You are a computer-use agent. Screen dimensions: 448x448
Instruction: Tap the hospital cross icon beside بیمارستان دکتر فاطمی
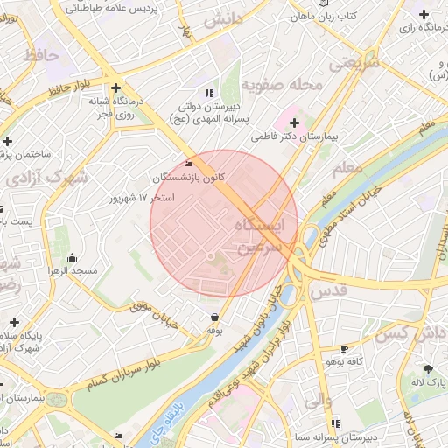294,122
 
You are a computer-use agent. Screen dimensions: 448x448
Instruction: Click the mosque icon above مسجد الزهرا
72,257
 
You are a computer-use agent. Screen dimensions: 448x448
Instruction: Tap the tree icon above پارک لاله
428,370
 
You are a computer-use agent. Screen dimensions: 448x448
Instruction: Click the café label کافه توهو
344,360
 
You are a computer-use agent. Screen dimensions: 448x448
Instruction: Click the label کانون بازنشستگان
189,177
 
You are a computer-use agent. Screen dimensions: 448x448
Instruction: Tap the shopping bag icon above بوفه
214,317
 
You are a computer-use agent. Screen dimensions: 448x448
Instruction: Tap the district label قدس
325,289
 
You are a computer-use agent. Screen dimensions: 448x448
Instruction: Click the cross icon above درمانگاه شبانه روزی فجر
116,87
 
